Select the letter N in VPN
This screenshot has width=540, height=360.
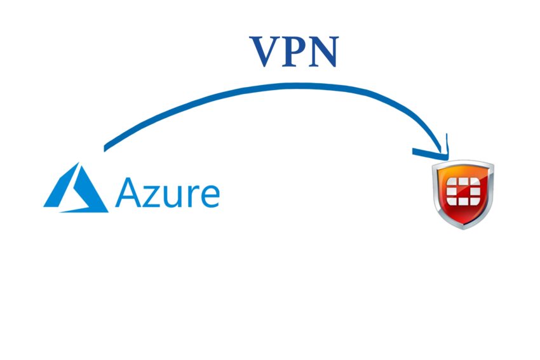tap(324, 52)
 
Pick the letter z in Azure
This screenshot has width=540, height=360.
tap(152, 196)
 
